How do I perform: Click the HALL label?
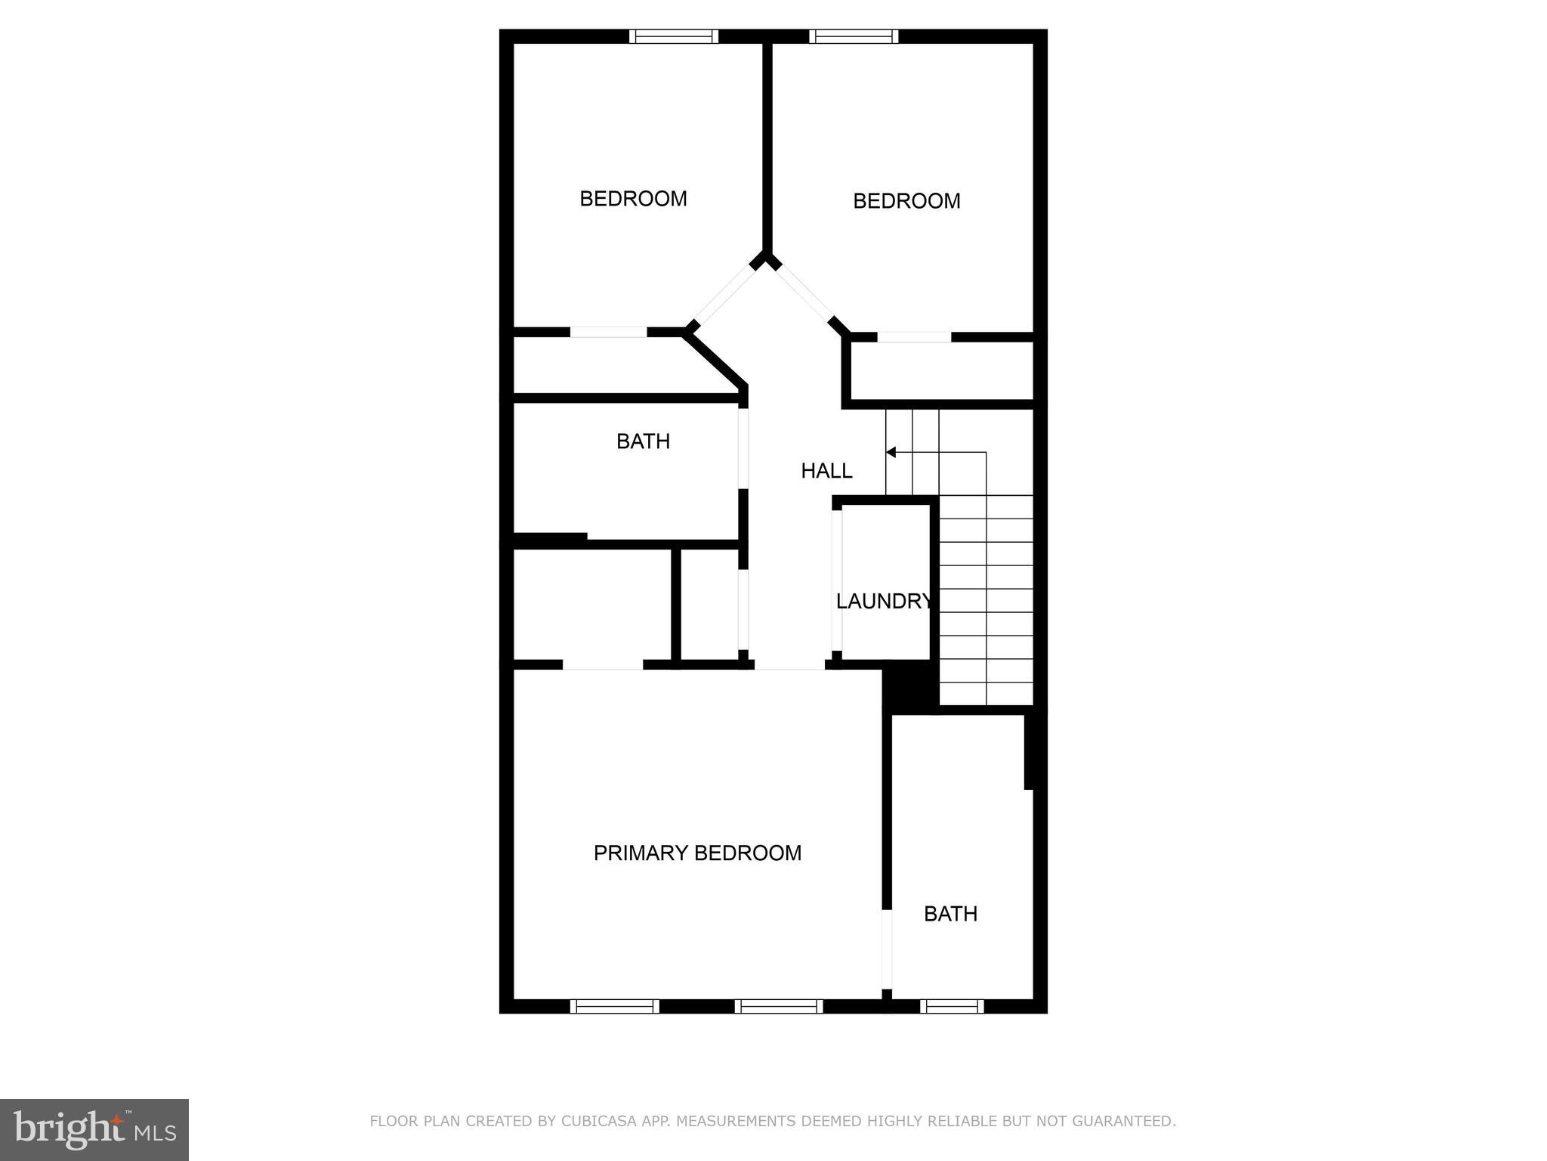tap(826, 471)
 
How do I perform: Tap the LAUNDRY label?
tap(883, 601)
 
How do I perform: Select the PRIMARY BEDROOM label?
tap(697, 853)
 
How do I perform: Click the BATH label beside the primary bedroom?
tap(950, 914)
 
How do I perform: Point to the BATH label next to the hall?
tap(643, 441)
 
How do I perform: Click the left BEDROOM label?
tap(633, 199)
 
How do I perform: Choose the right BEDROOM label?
tap(906, 201)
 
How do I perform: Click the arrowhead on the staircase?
tap(891, 452)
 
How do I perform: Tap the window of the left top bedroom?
tap(674, 36)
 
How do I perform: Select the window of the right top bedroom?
tap(854, 36)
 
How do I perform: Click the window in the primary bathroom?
tap(952, 1006)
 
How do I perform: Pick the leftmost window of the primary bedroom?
tap(614, 1006)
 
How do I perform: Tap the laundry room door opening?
tap(837, 580)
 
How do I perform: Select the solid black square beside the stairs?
tap(910, 685)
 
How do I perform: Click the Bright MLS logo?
tap(94, 1129)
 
